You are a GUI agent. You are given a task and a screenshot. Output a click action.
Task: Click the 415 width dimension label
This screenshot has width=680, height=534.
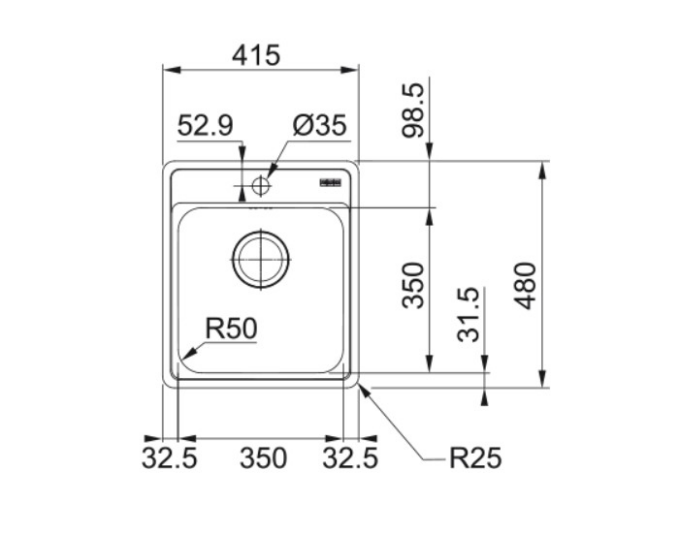(x=256, y=55)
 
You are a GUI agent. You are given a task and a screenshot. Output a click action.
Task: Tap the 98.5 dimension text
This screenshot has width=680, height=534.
(x=413, y=111)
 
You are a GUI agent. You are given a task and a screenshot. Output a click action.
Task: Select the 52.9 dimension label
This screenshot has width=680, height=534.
(x=205, y=125)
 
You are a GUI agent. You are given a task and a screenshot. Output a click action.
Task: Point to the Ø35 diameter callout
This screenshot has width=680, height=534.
(x=320, y=125)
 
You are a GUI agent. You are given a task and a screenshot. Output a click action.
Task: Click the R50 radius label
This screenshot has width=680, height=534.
(x=231, y=328)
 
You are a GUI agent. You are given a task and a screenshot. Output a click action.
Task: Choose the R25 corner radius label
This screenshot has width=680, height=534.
(x=475, y=458)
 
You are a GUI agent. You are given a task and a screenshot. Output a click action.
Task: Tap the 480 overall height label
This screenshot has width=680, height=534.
(x=525, y=286)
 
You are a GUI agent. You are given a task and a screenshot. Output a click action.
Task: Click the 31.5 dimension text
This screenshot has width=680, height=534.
(x=469, y=314)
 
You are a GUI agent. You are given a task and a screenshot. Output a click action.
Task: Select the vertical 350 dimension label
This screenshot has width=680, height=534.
(x=413, y=285)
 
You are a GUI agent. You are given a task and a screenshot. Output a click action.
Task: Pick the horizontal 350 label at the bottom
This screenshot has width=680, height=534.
(x=263, y=458)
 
